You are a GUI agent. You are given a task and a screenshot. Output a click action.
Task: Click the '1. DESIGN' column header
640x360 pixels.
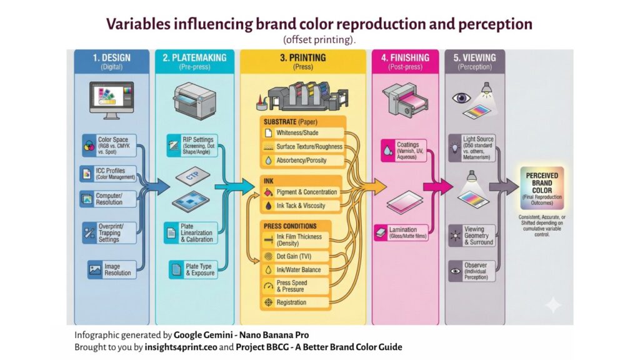[112, 61]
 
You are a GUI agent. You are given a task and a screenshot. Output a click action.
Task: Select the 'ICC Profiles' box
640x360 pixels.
[109, 174]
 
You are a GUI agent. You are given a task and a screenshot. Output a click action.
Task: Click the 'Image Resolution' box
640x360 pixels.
[110, 269]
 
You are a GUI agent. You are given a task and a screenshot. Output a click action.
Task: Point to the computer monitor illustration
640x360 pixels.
[112, 99]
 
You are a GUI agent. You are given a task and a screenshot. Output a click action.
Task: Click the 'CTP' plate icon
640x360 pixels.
[194, 177]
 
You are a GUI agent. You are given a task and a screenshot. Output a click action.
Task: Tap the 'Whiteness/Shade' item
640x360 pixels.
[303, 133]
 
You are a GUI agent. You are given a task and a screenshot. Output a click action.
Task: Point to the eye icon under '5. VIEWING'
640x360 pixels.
[462, 98]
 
